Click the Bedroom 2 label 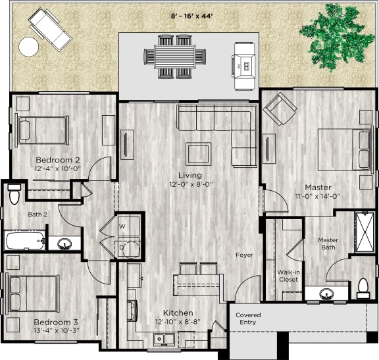pyautogui.click(x=58, y=160)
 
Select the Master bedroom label pyautogui.click(x=317, y=187)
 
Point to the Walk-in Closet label pyautogui.click(x=289, y=275)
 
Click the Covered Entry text pyautogui.click(x=248, y=319)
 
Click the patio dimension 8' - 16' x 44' pyautogui.click(x=191, y=14)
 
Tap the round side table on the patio pyautogui.click(x=29, y=46)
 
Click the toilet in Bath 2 pyautogui.click(x=14, y=195)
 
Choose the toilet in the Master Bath pyautogui.click(x=363, y=286)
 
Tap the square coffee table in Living pyautogui.click(x=198, y=153)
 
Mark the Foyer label pyautogui.click(x=245, y=255)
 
